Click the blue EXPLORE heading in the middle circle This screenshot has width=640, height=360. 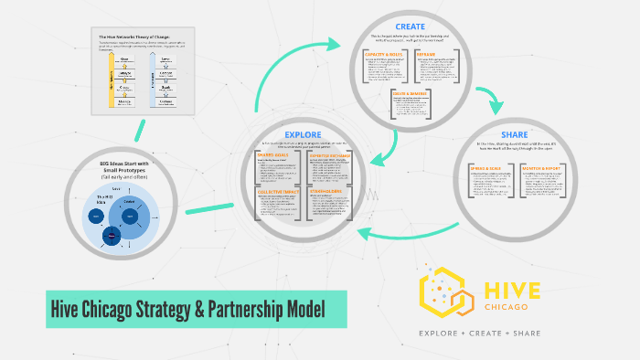(302, 134)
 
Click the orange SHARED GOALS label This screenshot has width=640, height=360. (273, 155)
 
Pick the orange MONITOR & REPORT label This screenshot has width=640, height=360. (546, 169)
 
